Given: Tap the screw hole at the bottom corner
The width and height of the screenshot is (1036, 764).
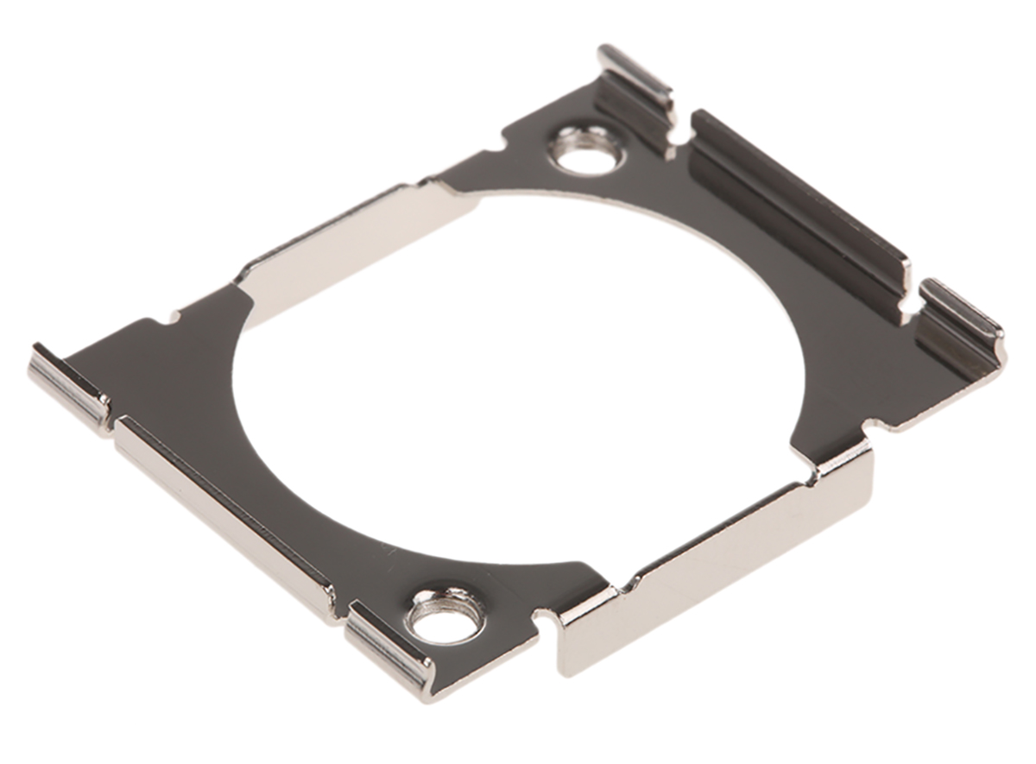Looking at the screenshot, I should click(x=445, y=615).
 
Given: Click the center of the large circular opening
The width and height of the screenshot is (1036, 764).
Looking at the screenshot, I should click(x=518, y=380).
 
